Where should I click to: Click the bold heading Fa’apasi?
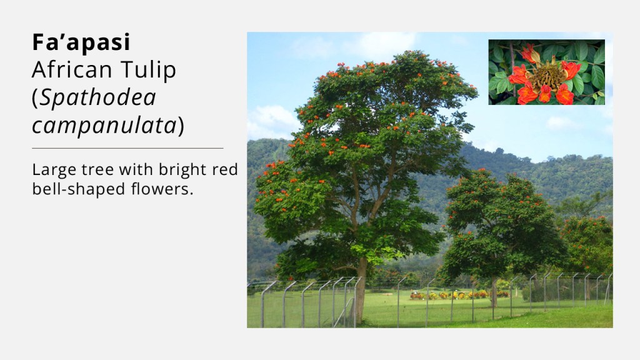point(81,42)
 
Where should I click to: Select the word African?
point(72,69)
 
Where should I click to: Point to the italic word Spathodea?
point(98,98)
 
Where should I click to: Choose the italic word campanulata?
point(104,125)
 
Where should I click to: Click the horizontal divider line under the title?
point(127,148)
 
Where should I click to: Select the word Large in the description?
point(52,170)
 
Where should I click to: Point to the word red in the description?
point(225,170)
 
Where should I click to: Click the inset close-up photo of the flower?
point(546,72)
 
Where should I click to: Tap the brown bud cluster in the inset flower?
point(546,76)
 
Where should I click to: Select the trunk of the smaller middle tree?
point(494,292)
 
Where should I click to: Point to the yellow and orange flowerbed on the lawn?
point(459,295)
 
